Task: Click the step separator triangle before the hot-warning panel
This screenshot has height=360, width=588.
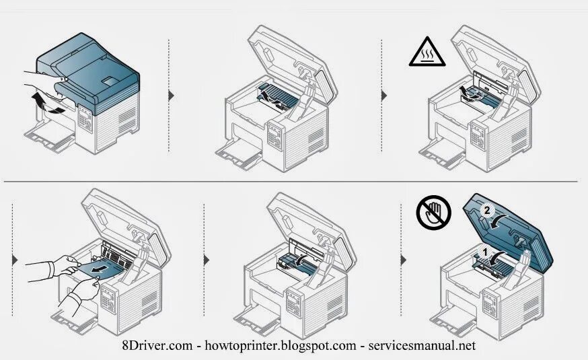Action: (385, 95)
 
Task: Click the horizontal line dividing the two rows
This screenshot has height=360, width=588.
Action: (289, 182)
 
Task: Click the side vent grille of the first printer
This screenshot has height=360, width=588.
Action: (126, 121)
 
